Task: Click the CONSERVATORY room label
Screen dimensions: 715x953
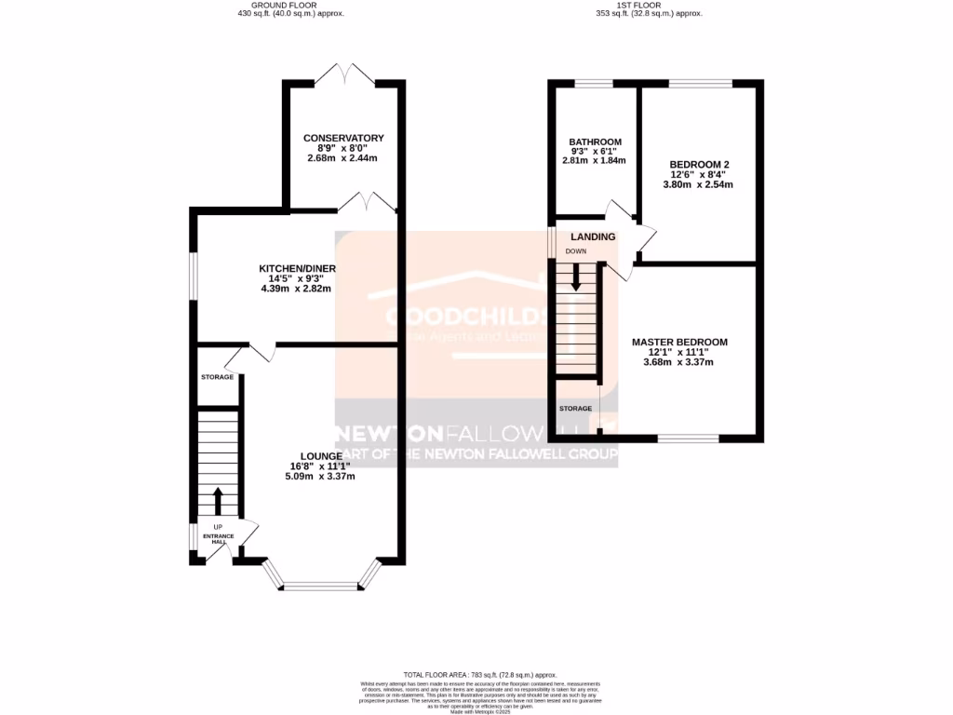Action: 343,138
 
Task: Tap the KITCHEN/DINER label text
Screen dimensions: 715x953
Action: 297,269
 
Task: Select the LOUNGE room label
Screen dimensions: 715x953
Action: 320,455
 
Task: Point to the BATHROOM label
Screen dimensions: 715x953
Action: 596,142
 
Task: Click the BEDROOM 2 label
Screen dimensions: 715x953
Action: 698,164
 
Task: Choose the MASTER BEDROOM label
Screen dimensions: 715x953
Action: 679,342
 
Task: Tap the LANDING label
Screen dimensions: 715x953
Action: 593,236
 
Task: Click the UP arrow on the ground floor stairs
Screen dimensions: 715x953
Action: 219,501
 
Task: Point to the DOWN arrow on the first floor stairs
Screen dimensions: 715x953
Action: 576,277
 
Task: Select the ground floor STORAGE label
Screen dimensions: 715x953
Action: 218,377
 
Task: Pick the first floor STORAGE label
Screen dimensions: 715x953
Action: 575,409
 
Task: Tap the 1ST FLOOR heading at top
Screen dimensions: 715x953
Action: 649,5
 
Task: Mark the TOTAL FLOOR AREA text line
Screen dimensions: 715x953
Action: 479,674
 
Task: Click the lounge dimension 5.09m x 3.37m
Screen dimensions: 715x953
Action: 320,476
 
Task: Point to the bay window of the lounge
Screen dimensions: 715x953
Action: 322,586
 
